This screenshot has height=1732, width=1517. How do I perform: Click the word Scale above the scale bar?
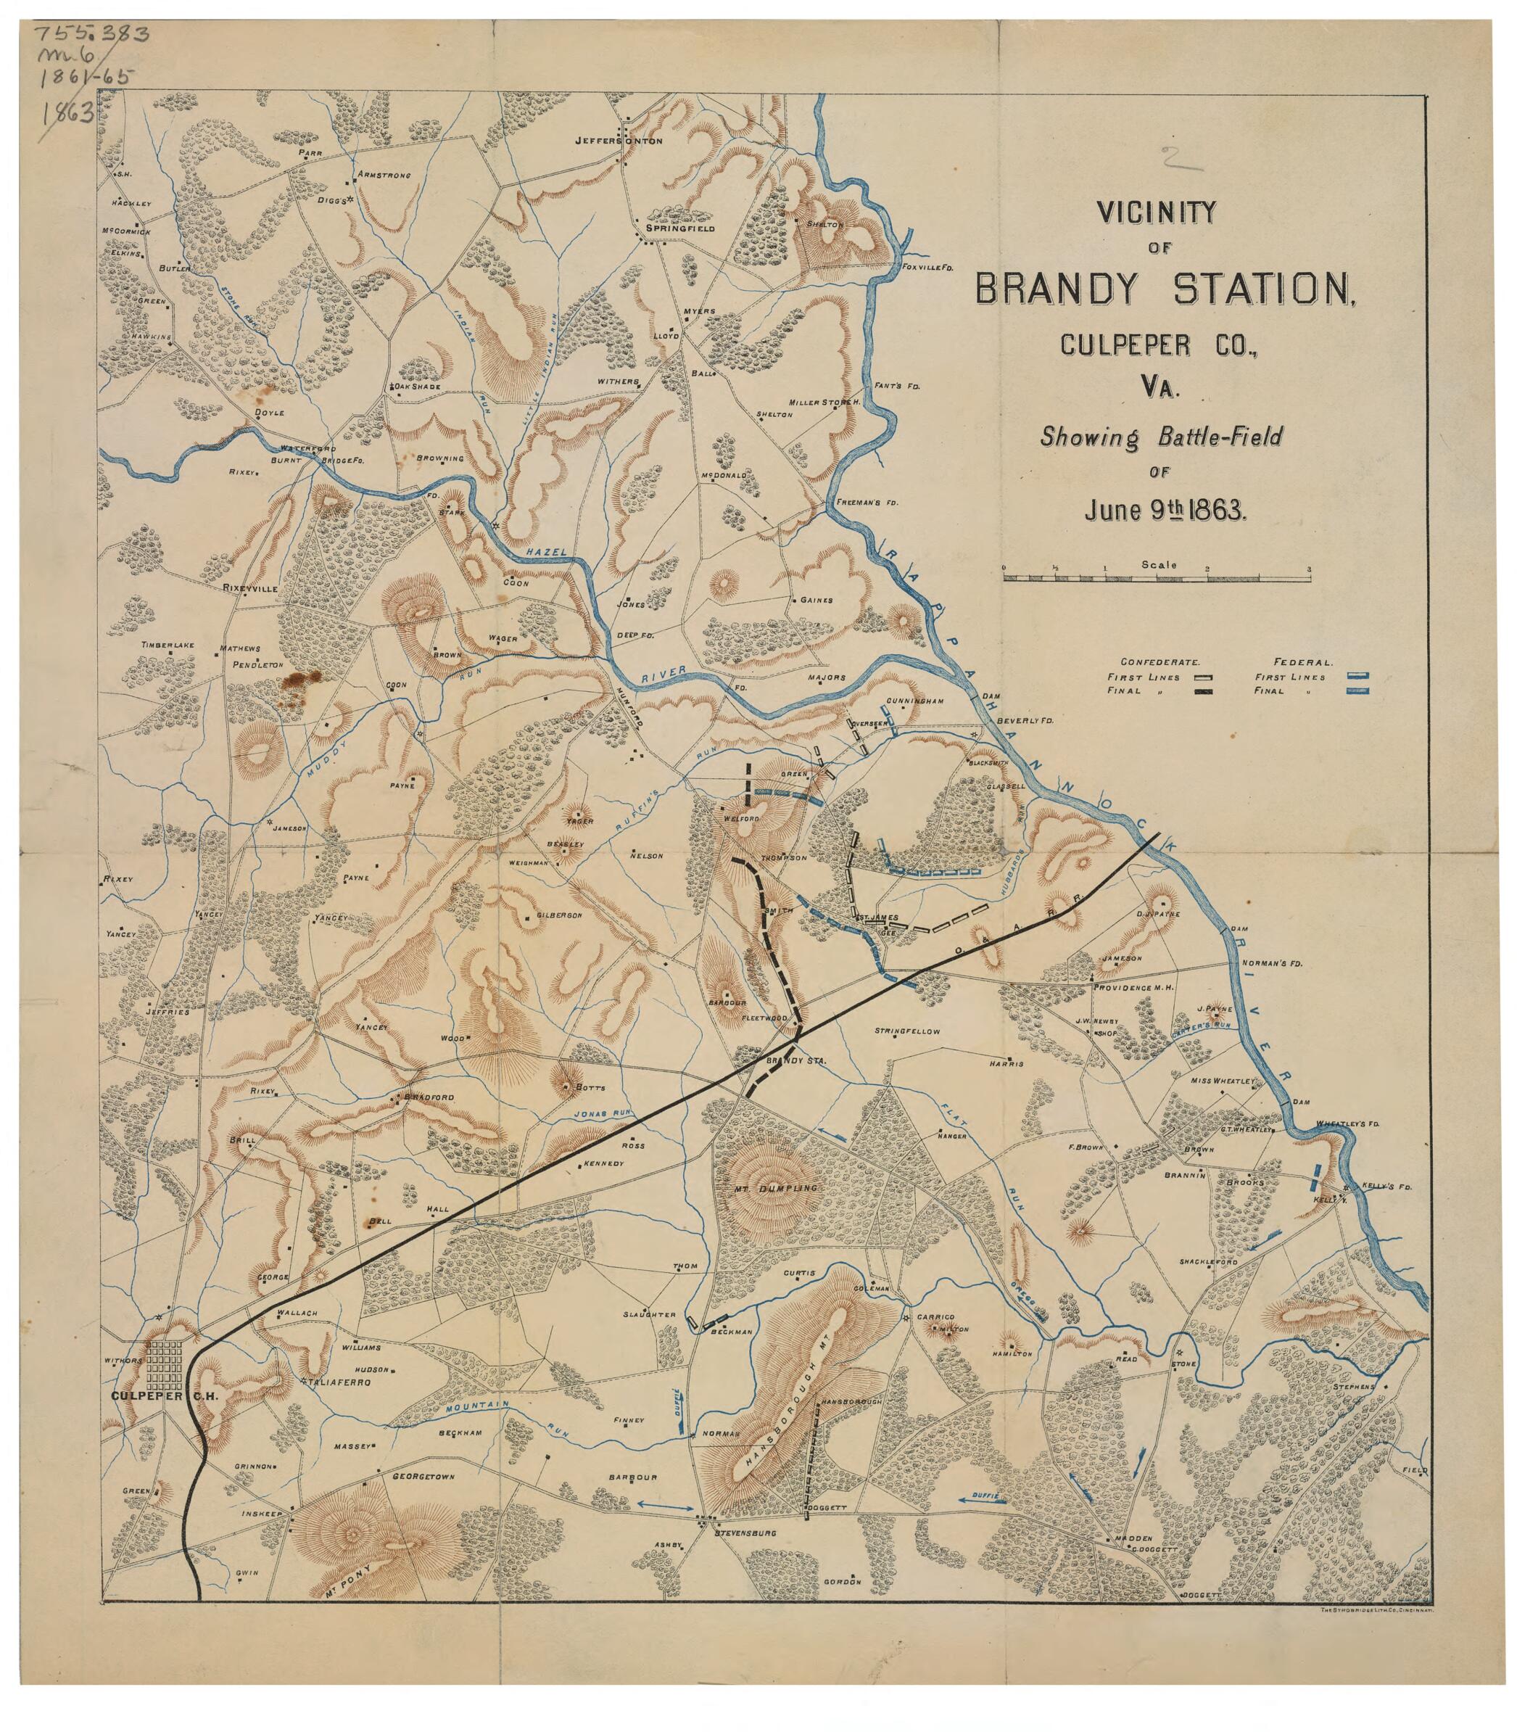[x=1158, y=564]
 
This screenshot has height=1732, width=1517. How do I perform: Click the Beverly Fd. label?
[x=1025, y=720]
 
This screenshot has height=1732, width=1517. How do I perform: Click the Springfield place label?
[x=679, y=228]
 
